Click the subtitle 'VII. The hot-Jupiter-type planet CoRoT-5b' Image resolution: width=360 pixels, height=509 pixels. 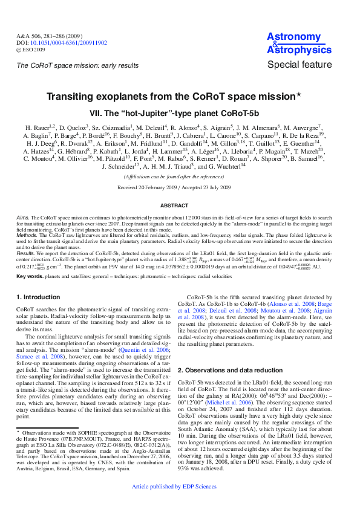(x=174, y=113)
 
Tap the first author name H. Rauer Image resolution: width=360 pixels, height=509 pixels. (x=38, y=128)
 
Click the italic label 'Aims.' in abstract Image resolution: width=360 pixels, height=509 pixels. (x=23, y=216)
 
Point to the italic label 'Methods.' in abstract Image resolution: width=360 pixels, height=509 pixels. (x=27, y=232)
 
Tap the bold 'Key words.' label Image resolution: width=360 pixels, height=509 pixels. (x=30, y=276)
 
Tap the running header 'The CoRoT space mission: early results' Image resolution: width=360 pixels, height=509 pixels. (x=77, y=65)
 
